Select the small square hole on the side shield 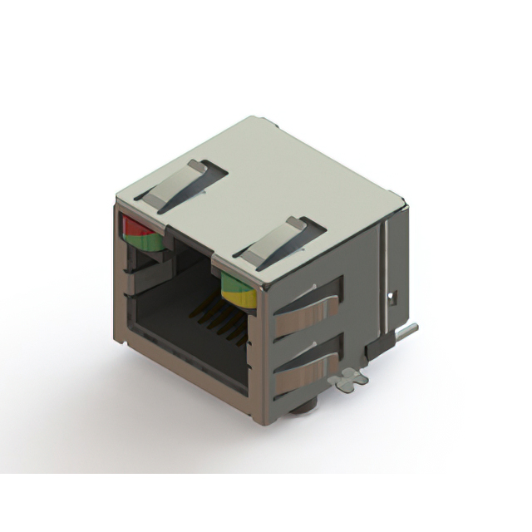(396, 295)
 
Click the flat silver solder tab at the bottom (348, 381)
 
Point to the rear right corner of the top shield (402, 199)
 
